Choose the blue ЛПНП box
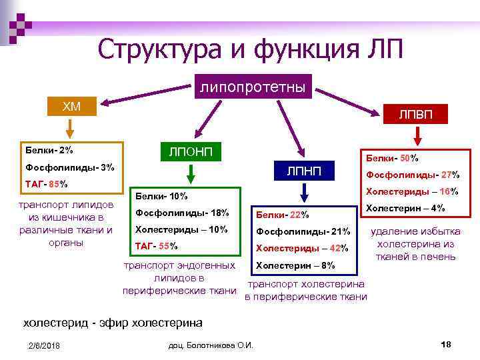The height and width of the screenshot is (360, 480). point(304,172)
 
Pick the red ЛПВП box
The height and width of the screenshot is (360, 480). point(415,114)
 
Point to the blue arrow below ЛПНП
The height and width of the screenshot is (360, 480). point(304,193)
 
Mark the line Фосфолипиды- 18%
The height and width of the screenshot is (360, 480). point(182,213)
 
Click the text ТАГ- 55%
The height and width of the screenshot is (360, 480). point(157,245)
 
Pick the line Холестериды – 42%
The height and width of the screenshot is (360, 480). point(302,248)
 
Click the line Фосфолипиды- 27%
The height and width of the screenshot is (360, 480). point(412,175)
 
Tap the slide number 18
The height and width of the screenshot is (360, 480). point(446,344)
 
